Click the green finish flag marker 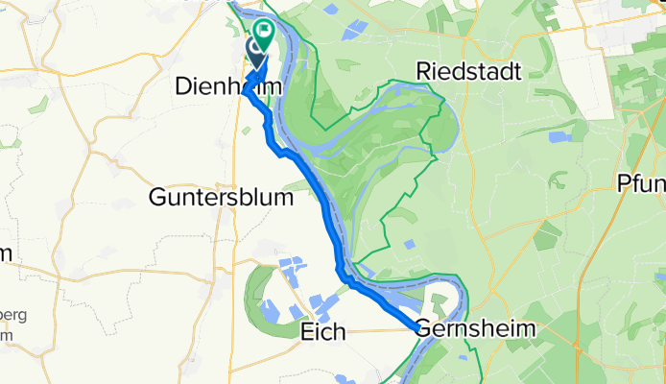(262, 31)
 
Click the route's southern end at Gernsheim (417, 329)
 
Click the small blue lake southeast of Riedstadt (559, 137)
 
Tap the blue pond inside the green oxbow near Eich (271, 310)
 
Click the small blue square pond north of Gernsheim (410, 245)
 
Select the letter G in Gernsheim (426, 329)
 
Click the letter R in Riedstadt (423, 72)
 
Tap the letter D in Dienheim (183, 87)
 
